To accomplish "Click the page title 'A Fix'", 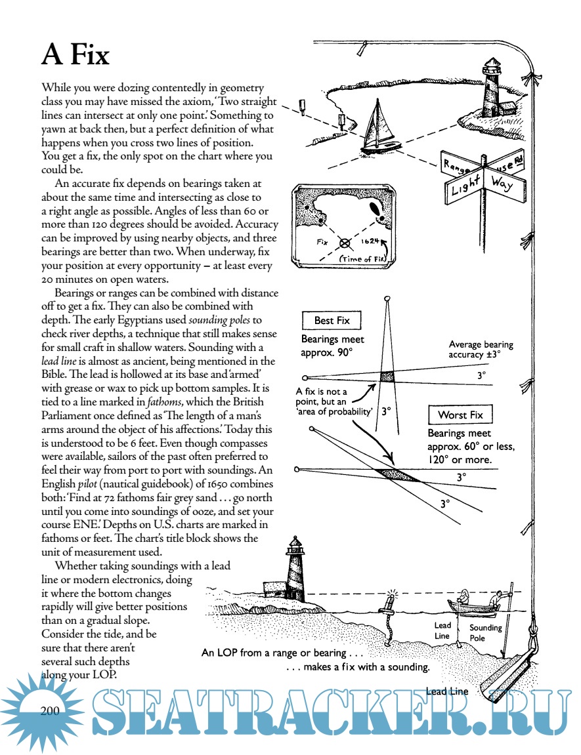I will pos(75,55).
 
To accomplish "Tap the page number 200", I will pos(51,711).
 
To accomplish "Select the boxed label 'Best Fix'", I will pos(332,321).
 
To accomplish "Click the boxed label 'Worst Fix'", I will pos(460,415).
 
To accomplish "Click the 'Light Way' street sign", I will pos(484,183).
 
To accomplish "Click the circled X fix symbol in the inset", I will pos(343,243).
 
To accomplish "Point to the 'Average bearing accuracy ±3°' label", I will pos(481,350).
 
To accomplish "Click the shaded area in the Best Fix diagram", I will pos(388,377).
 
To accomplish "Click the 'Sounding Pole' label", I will pos(485,632).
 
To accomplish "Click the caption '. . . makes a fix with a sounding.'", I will pos(358,668).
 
